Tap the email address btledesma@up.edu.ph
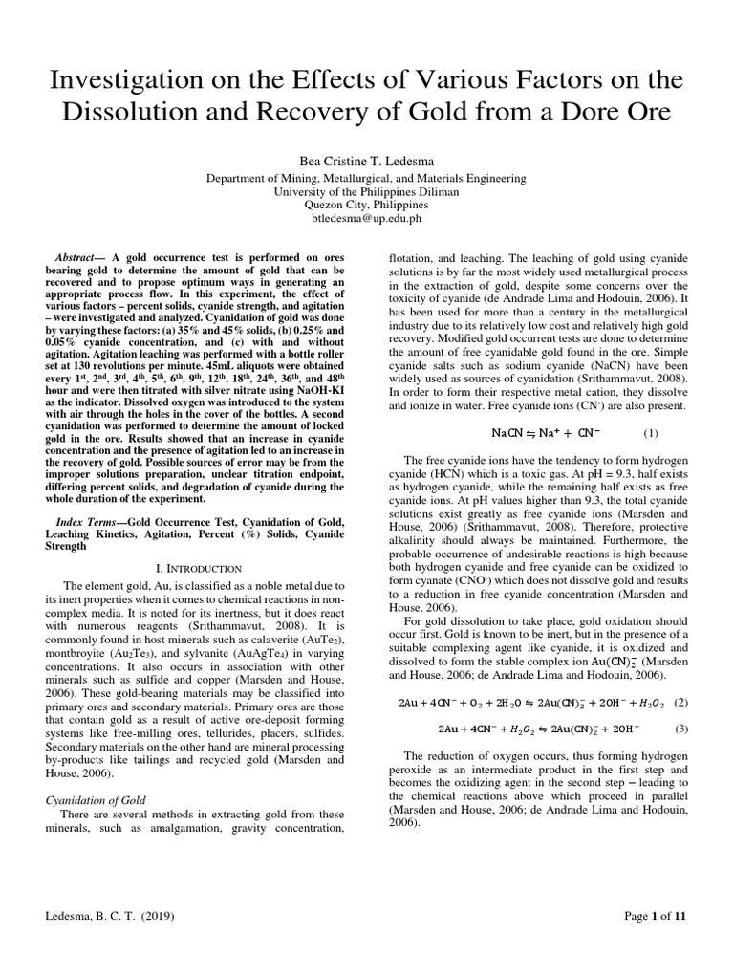pos(367,218)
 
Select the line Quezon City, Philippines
pos(367,205)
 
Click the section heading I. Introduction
pos(197,568)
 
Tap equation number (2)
pos(680,701)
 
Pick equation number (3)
pos(680,729)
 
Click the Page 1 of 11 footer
pos(655,916)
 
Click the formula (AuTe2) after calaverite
pos(318,638)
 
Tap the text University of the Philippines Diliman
pos(367,191)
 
